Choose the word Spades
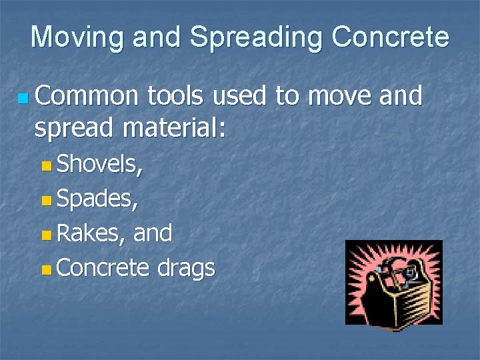tap(97, 199)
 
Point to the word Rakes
tap(91, 233)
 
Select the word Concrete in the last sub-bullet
tap(103, 267)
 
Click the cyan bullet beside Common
tap(24, 99)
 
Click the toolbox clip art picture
tap(393, 283)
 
